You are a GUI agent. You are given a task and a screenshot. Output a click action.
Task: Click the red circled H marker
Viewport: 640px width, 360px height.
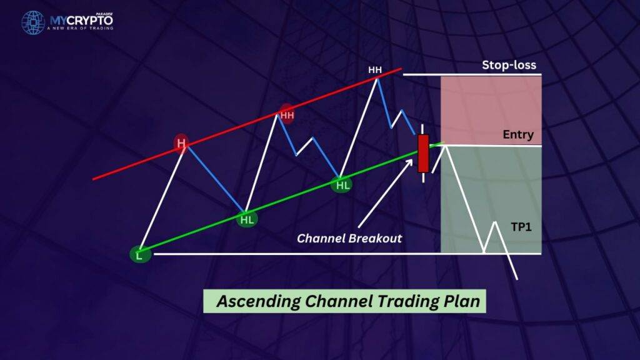click(x=181, y=143)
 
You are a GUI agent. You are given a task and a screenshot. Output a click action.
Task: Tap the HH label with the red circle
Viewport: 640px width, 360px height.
click(x=287, y=115)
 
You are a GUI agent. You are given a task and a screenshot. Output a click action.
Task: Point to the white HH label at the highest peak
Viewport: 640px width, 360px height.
click(x=375, y=70)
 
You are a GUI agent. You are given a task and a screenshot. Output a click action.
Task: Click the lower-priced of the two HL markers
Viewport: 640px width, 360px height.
click(x=247, y=219)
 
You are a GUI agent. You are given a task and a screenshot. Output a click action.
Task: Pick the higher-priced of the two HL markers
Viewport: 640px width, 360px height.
click(x=342, y=185)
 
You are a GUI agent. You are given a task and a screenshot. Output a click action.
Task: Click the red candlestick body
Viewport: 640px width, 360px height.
click(x=423, y=153)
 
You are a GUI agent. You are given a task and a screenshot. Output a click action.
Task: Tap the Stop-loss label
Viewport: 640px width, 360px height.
click(x=509, y=65)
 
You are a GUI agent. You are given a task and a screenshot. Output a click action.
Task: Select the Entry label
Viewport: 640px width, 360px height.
click(x=518, y=134)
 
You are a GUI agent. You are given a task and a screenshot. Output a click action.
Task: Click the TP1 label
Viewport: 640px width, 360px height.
click(x=521, y=227)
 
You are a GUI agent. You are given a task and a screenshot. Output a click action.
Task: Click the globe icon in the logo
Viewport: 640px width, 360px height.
click(x=33, y=22)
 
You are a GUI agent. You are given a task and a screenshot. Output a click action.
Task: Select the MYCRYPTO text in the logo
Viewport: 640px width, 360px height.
click(x=81, y=21)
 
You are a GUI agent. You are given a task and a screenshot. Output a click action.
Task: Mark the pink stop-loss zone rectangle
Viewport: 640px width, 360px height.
click(x=491, y=110)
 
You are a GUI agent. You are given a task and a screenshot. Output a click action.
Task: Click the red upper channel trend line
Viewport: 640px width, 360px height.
click(x=247, y=124)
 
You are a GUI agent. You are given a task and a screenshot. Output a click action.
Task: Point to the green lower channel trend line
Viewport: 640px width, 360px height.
click(x=291, y=197)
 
